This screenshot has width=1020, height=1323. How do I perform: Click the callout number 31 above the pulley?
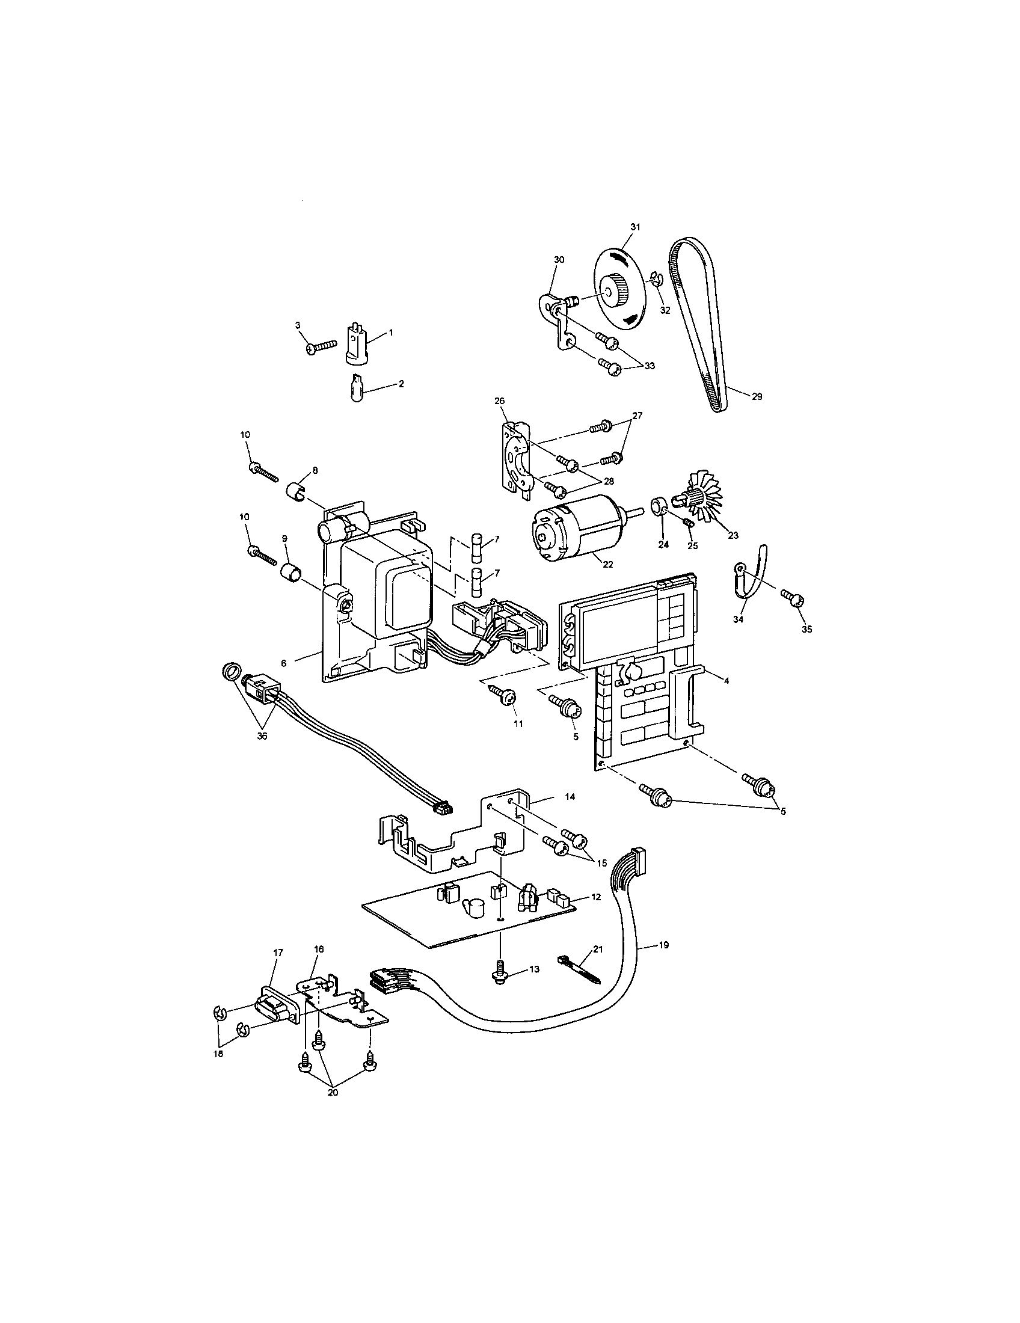pyautogui.click(x=634, y=227)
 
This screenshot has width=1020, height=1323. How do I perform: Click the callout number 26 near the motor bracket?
pyautogui.click(x=499, y=401)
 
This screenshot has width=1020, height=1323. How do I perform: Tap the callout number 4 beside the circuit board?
pyautogui.click(x=727, y=680)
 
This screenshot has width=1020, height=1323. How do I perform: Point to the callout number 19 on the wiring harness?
pyautogui.click(x=663, y=944)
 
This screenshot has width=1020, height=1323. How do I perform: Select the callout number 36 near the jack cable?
pyautogui.click(x=262, y=736)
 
